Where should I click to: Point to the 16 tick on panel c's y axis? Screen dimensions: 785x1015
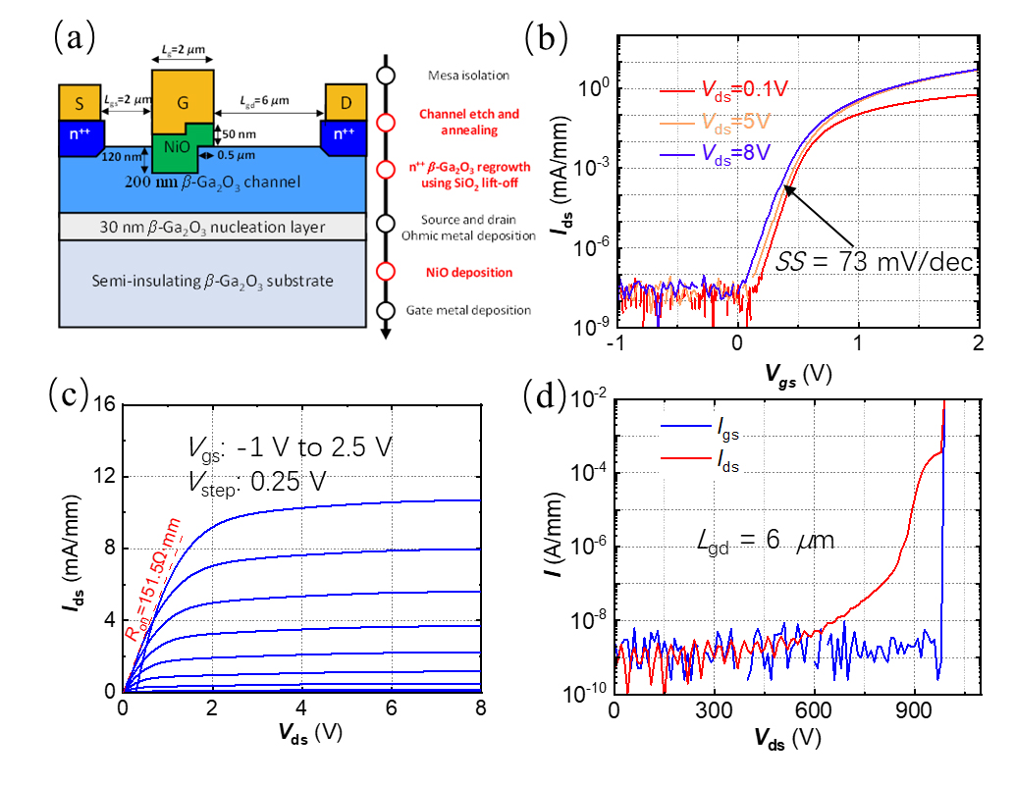[x=103, y=404]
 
